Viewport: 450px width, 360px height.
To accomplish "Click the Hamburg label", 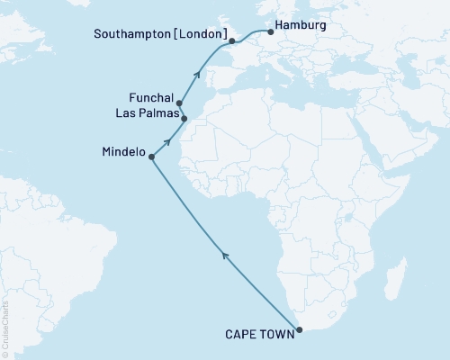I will (298, 27).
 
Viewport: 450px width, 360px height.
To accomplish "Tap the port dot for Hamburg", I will (271, 33).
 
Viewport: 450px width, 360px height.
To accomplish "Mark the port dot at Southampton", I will (231, 41).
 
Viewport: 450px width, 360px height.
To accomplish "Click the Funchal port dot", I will (179, 103).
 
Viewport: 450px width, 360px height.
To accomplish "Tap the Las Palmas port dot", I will (184, 118).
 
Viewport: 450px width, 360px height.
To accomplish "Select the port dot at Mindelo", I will (151, 157).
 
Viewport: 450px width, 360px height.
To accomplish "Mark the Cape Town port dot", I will (299, 329).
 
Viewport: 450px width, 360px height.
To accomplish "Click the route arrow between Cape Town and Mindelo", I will (226, 258).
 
